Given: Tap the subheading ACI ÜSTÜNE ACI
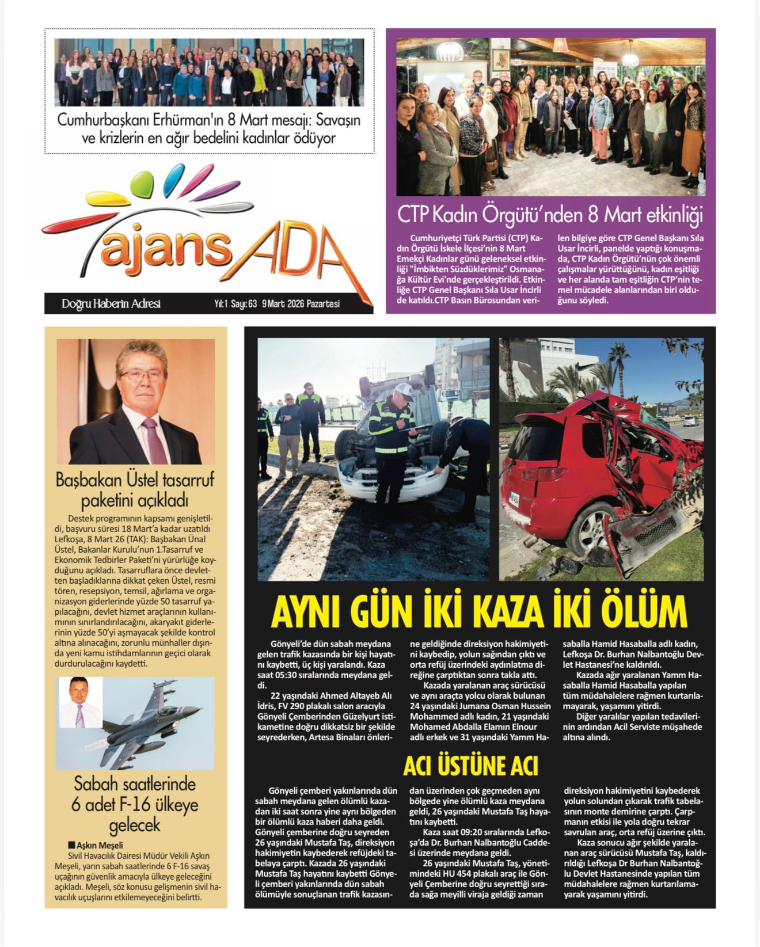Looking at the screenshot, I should pyautogui.click(x=470, y=766).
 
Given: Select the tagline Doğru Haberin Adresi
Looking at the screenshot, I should pyautogui.click(x=111, y=303).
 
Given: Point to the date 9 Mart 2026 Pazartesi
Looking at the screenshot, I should pyautogui.click(x=301, y=304).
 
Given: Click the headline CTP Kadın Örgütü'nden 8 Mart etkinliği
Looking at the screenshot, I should pyautogui.click(x=550, y=215).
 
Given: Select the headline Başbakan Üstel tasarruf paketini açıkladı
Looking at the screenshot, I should pyautogui.click(x=135, y=490).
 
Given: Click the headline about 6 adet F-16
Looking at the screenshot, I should pyautogui.click(x=135, y=804).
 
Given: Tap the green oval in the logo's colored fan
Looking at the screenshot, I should pyautogui.click(x=142, y=185).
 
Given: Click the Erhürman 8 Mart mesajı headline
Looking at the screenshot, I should pyautogui.click(x=209, y=129).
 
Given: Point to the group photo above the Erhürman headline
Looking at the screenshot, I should pyautogui.click(x=209, y=72).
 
